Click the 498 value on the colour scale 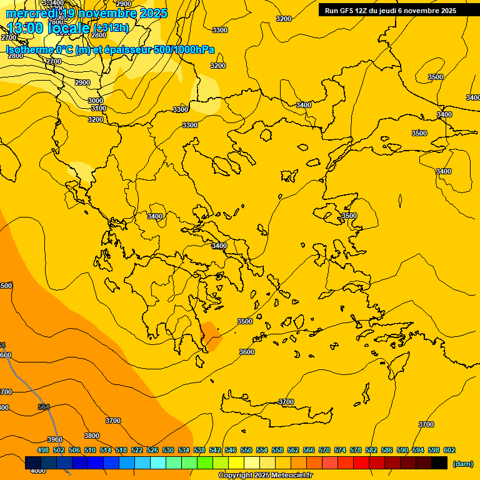point(43,450)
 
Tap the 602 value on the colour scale point(449,450)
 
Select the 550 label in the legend point(246,450)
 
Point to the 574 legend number point(340,450)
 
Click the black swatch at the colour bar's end point(439,463)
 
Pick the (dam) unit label point(462,464)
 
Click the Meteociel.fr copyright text point(265,476)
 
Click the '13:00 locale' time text point(48,27)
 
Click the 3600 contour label point(247,352)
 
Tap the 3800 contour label point(92,436)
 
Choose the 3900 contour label point(55,439)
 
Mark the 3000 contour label point(96,101)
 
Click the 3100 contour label point(99,108)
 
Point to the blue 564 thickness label point(44,407)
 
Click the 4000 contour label point(38,471)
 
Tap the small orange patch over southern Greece point(211,336)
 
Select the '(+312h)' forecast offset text point(111,27)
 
